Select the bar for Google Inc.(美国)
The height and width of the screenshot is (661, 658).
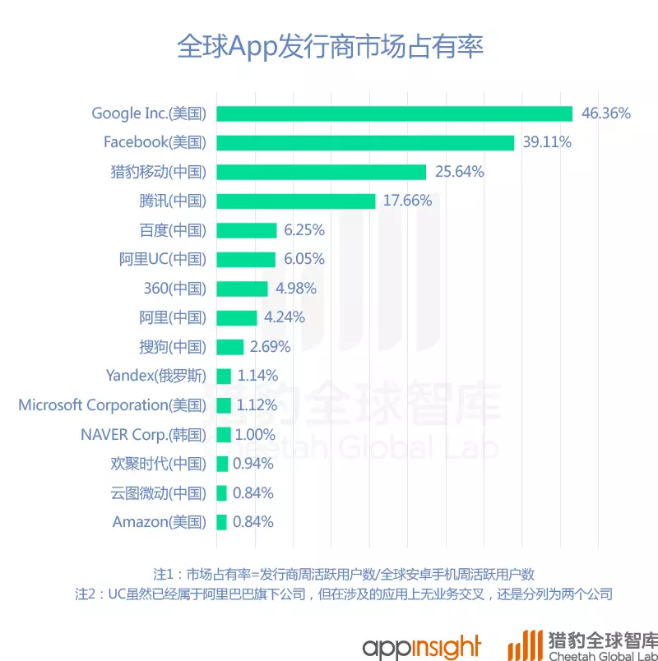point(394,113)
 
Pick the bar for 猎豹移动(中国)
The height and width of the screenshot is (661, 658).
point(321,172)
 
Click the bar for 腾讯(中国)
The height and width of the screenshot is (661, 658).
point(295,201)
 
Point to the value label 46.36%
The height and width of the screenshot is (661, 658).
point(605,113)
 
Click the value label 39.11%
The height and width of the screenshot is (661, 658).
point(547,142)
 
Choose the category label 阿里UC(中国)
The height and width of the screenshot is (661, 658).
point(162,259)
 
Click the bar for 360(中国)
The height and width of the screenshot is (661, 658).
point(242,289)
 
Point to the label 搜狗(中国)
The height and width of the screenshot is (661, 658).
point(173,347)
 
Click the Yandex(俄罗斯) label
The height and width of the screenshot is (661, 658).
point(156,376)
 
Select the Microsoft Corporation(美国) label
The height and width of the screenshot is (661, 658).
point(112,405)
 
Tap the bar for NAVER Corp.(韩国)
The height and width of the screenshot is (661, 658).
point(223,434)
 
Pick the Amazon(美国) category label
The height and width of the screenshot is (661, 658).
point(160,522)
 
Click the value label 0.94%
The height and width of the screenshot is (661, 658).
point(253,464)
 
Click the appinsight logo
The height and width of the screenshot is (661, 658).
point(421,644)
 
